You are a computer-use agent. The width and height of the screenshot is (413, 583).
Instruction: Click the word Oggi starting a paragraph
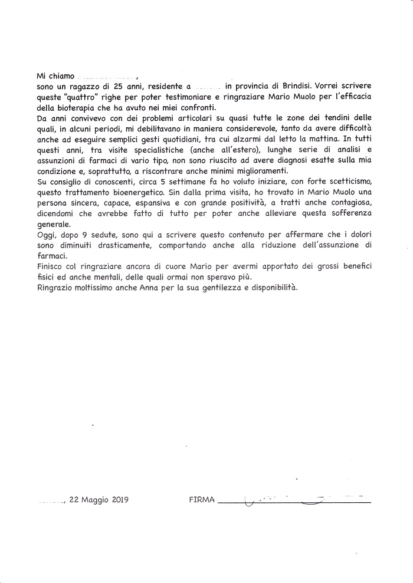46,236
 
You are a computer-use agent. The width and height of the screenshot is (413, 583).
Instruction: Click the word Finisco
51,267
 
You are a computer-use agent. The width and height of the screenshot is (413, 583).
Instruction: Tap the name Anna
171,288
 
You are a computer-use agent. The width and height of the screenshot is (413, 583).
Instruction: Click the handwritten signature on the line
295,500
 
